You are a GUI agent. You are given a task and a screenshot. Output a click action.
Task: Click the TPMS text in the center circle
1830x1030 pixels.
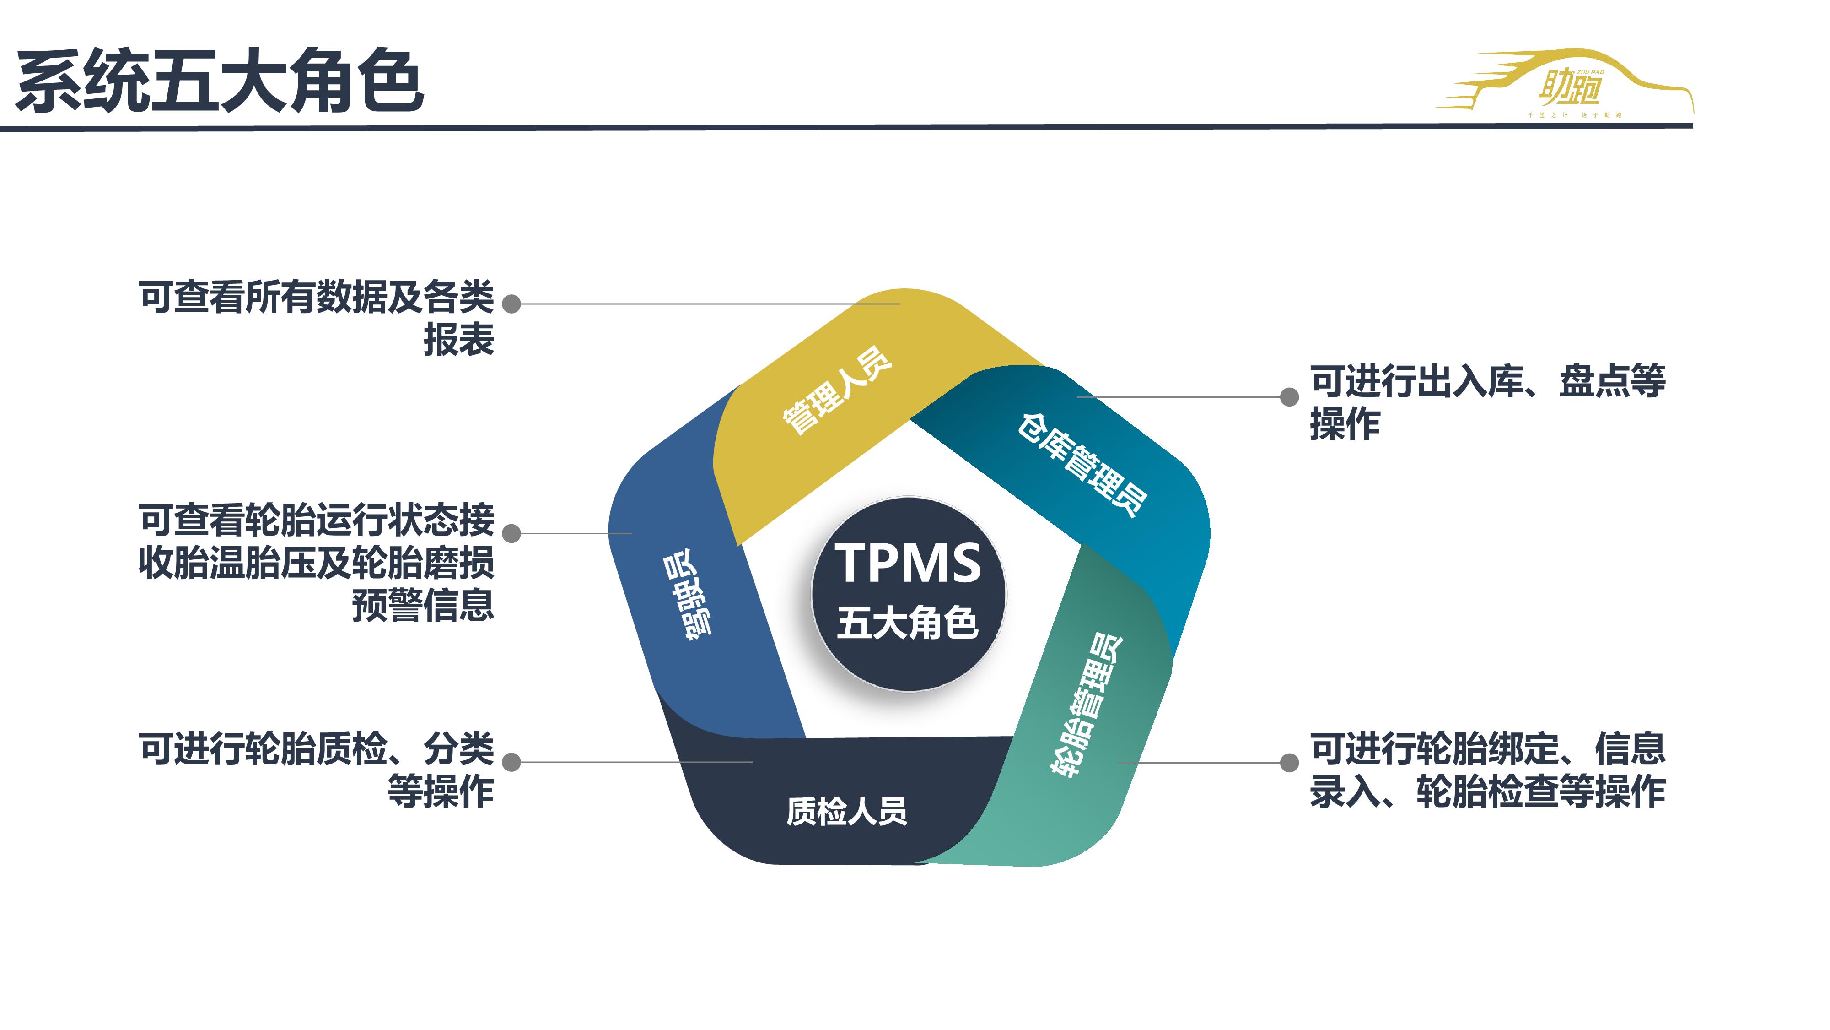coord(907,563)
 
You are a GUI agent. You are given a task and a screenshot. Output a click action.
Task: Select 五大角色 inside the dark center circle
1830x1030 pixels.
coord(907,623)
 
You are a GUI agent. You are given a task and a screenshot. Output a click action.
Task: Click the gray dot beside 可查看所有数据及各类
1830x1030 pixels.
coord(511,304)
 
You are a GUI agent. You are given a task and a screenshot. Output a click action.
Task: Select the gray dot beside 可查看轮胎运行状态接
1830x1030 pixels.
coord(511,533)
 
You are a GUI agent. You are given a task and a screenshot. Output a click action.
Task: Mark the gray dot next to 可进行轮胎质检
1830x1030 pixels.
coord(511,762)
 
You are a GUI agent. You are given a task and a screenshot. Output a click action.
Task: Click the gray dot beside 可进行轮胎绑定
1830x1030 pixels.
coord(1289,763)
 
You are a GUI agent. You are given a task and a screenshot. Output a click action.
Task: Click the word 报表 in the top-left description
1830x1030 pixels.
coord(458,340)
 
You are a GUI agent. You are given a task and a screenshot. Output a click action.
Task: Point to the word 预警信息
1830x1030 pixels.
coord(423,606)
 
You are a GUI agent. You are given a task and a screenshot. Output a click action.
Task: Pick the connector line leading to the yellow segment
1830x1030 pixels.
coord(710,304)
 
